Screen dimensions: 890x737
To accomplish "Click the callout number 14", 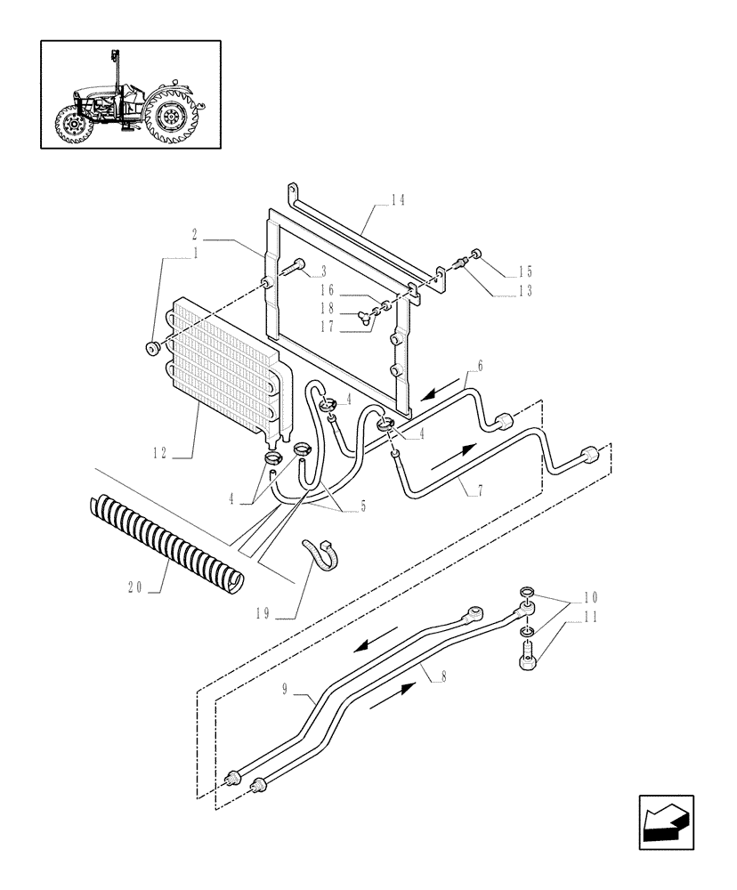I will (x=396, y=201).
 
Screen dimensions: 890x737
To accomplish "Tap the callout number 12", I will (x=160, y=453).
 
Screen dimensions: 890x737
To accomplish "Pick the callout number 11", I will (x=590, y=615).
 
